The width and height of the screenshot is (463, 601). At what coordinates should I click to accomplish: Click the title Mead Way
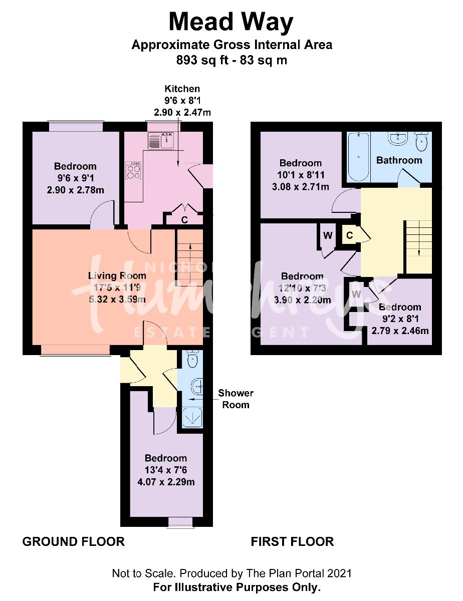[x=231, y=23]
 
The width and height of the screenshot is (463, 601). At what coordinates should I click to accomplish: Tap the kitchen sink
[x=161, y=141]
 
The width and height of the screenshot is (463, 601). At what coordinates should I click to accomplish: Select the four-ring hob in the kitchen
[x=134, y=170]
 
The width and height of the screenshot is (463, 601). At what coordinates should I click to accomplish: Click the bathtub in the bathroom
[x=358, y=156]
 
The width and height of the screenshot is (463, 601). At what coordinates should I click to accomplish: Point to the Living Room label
[x=117, y=275]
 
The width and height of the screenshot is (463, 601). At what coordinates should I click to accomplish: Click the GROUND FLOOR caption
[x=73, y=541]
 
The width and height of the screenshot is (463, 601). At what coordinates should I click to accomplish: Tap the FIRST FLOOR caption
[x=292, y=541]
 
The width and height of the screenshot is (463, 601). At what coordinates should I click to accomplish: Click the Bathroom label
[x=399, y=160]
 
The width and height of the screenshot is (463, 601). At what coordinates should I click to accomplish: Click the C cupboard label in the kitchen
[x=184, y=219]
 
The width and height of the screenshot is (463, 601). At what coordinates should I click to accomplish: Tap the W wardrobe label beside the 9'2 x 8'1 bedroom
[x=356, y=294]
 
